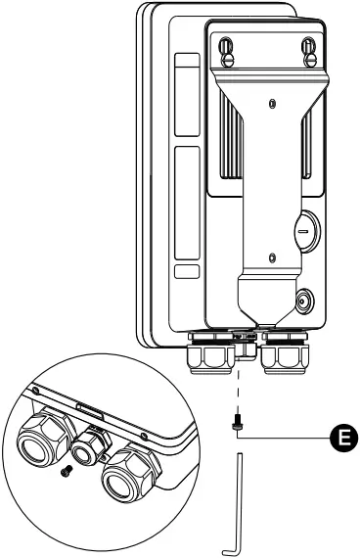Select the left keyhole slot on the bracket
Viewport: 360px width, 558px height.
point(226,46)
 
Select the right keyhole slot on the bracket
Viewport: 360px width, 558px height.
point(309,46)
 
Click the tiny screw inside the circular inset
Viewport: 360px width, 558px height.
point(67,473)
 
